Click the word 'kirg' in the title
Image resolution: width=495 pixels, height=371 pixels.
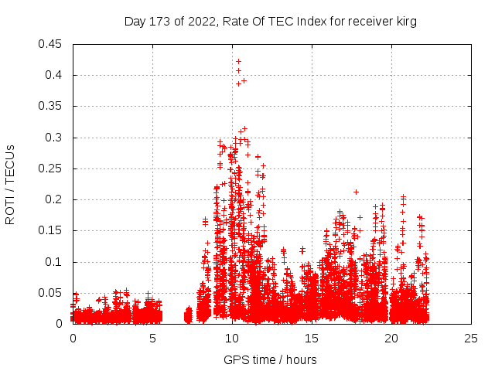[405, 22]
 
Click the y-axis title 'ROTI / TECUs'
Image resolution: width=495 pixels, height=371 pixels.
[10, 184]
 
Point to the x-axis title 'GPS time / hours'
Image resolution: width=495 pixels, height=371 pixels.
[270, 359]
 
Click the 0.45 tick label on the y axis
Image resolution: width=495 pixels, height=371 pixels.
[52, 44]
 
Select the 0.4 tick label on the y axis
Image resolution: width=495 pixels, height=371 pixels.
[56, 75]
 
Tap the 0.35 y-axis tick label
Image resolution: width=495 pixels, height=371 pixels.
[52, 106]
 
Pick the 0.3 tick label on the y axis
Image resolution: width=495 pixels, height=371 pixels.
[56, 138]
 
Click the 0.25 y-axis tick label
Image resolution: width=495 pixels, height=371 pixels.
[52, 168]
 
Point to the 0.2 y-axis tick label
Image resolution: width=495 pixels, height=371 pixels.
[56, 199]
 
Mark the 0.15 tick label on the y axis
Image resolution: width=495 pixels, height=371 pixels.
[52, 230]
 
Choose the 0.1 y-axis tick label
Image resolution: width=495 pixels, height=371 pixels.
[56, 262]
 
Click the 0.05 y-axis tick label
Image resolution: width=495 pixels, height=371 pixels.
[52, 293]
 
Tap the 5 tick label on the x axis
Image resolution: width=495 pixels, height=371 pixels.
[152, 338]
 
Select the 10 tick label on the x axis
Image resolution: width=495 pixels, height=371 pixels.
[232, 338]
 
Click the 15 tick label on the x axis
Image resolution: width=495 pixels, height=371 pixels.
[312, 338]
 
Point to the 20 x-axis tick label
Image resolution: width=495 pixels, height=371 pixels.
[391, 338]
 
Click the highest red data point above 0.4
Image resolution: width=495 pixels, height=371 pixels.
[238, 61]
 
